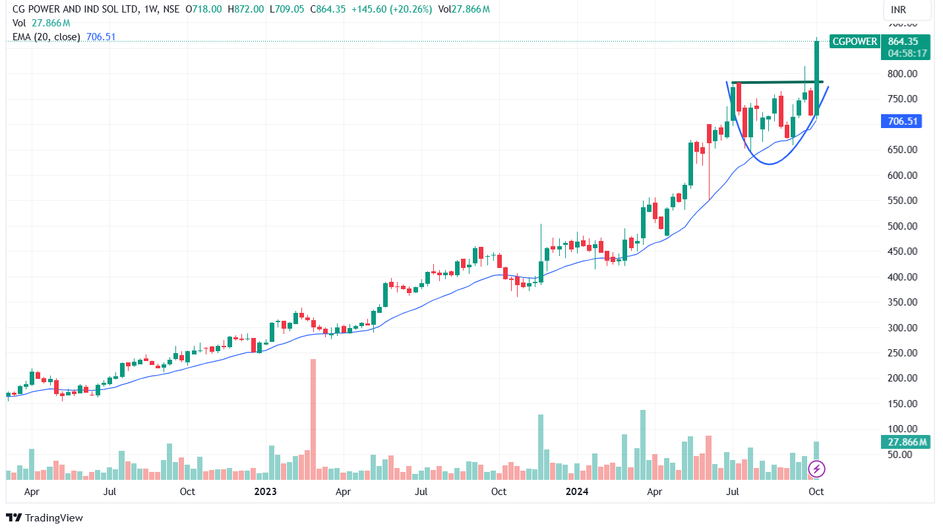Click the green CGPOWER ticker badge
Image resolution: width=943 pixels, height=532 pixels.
(x=855, y=42)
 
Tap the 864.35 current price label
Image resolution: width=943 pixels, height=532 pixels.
(x=903, y=42)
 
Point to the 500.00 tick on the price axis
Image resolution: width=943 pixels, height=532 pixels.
(x=901, y=226)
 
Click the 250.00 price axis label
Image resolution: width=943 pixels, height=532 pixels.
(x=901, y=353)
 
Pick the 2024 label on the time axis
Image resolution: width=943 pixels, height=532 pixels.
(x=577, y=492)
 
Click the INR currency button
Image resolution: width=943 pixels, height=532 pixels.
(x=897, y=10)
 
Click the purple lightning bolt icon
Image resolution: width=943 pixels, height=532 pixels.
(x=817, y=469)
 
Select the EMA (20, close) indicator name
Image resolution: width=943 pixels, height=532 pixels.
(x=46, y=37)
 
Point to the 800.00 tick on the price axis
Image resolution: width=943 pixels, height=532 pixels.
(x=901, y=74)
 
